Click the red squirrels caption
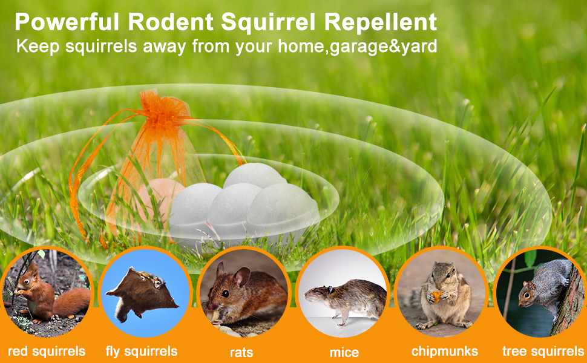pyautogui.click(x=47, y=351)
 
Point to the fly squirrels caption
pyautogui.click(x=142, y=351)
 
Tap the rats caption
pyautogui.click(x=241, y=352)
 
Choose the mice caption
pyautogui.click(x=344, y=352)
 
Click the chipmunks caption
pyautogui.click(x=445, y=351)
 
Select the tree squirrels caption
pyautogui.click(x=543, y=351)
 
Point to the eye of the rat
pyautogui.click(x=225, y=293)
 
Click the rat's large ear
pyautogui.click(x=241, y=277)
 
